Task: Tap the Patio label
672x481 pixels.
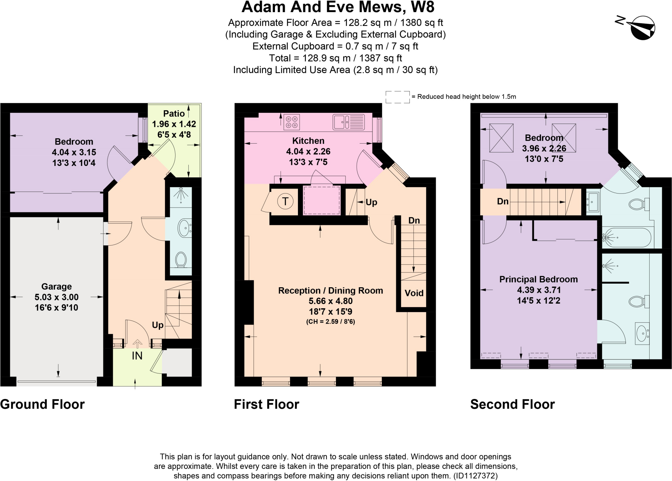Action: [174, 113]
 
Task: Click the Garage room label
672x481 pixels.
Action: [56, 287]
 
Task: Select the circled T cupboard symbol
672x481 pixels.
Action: [285, 201]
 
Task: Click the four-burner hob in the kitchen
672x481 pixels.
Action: [291, 122]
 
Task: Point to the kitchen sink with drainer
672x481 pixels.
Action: [348, 122]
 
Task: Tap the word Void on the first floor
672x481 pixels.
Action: [414, 293]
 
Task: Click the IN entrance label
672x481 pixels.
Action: [137, 356]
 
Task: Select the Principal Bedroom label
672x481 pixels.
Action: [538, 279]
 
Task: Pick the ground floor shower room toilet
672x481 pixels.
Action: [181, 259]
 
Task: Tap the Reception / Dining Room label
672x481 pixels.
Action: [330, 291]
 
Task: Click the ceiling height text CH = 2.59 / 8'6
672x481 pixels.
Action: [330, 321]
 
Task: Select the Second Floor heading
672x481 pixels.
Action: [512, 404]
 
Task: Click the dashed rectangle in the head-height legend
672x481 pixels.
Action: [397, 97]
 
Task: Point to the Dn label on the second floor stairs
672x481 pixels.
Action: [502, 201]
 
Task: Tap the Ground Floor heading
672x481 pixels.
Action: [42, 404]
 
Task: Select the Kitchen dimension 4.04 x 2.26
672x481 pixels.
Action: [308, 151]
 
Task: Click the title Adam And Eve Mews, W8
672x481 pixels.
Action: [338, 7]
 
